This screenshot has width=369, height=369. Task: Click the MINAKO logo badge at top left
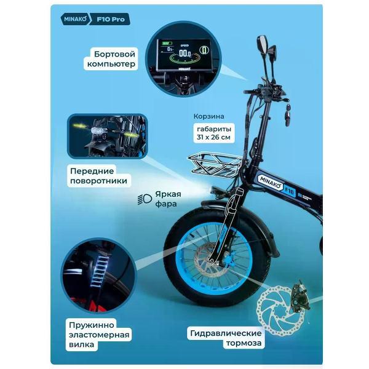pyautogui.click(x=75, y=19)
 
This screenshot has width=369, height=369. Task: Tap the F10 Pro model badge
pyautogui.click(x=110, y=19)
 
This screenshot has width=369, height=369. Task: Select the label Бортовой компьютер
pyautogui.click(x=111, y=59)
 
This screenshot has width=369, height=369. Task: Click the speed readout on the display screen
pyautogui.click(x=184, y=54)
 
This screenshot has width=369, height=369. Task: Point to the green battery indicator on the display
pyautogui.click(x=167, y=43)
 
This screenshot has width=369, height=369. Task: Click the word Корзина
pyautogui.click(x=208, y=116)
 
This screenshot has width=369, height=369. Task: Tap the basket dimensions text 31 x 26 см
pyautogui.click(x=213, y=137)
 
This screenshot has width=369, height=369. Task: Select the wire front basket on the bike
pyautogui.click(x=215, y=165)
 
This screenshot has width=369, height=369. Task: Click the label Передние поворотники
pyautogui.click(x=98, y=176)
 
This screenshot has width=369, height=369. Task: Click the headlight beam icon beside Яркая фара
pyautogui.click(x=145, y=199)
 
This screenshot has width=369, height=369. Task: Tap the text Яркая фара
pyautogui.click(x=168, y=199)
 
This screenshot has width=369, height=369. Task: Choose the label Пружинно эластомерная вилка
pyautogui.click(x=99, y=335)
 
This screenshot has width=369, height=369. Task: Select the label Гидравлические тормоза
pyautogui.click(x=226, y=338)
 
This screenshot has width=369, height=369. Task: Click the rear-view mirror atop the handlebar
pyautogui.click(x=263, y=44)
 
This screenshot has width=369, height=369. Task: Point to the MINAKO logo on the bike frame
pyautogui.click(x=271, y=183)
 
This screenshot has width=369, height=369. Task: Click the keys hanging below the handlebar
pyautogui.click(x=287, y=114)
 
